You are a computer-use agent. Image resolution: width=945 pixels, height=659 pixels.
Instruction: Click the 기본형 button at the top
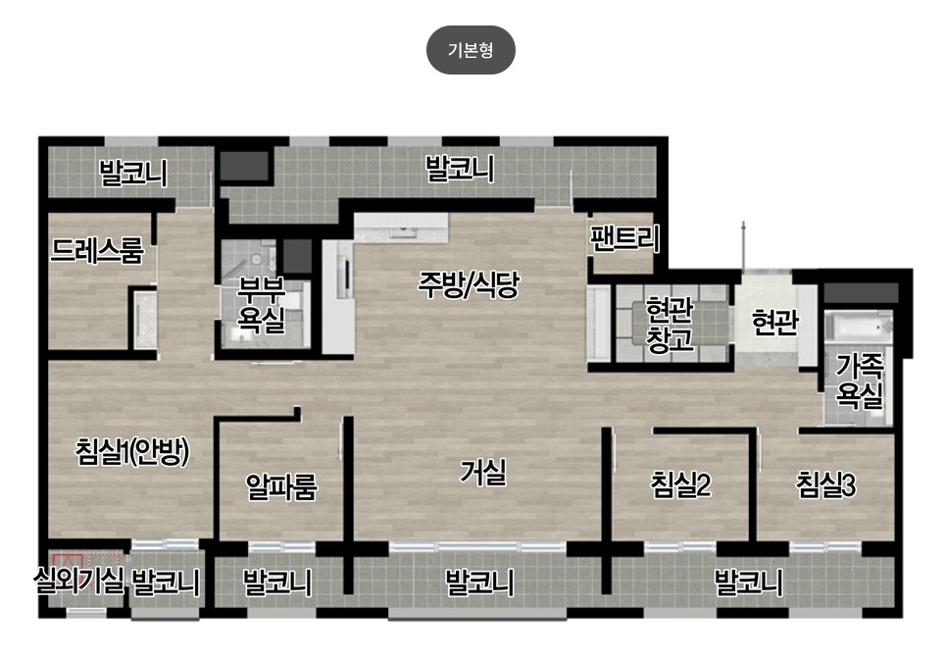pos(471,50)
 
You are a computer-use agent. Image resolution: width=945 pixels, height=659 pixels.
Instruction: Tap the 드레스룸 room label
pos(97,250)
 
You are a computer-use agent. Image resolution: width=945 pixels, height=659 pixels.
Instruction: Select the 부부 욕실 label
pos(261,305)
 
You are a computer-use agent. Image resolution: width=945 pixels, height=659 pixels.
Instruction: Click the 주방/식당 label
pos(469,284)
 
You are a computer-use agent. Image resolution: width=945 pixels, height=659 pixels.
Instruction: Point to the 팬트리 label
pos(625,238)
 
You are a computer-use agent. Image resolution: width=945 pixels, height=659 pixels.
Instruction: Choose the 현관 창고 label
pos(670,325)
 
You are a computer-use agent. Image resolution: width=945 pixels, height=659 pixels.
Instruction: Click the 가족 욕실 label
pos(860,380)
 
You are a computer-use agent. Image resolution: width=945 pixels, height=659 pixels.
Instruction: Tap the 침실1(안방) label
pos(132,452)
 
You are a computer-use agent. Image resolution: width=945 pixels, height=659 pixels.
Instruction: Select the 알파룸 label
pos(281,486)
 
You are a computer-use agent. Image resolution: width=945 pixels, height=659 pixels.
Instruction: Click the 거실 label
pos(483,472)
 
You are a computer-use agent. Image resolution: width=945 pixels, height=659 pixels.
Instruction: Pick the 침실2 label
pos(681,484)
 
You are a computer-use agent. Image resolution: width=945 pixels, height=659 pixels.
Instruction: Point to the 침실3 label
pos(825,484)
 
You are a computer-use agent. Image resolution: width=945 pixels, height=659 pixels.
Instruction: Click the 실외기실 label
pos(79,582)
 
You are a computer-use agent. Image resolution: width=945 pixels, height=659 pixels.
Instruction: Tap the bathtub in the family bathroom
pos(858,327)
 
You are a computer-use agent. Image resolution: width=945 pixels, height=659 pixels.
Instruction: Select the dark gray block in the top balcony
pos(243,166)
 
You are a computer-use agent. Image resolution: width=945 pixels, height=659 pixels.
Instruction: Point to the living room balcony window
pos(478,547)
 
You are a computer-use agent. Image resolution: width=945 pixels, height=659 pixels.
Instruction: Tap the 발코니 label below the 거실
pos(479,583)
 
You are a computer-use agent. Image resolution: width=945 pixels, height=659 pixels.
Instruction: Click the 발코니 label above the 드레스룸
pos(133,173)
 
